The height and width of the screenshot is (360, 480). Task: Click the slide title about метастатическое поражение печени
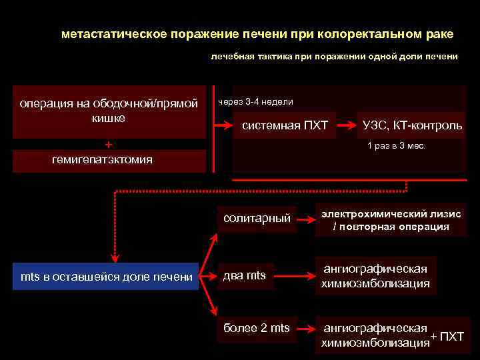point(257,33)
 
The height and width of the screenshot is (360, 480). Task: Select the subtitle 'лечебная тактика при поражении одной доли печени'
point(334,57)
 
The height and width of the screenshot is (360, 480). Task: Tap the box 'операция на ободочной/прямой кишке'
point(109,111)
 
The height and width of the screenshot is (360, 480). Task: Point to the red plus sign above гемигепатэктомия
point(109,144)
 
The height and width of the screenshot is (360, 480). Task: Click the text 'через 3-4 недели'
point(255,102)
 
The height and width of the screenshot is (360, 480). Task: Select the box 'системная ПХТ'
point(285,125)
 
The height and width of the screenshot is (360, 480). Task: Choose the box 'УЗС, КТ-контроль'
point(412,125)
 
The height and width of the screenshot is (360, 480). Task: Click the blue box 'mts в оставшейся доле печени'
point(107,277)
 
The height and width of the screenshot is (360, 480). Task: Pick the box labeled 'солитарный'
point(257,218)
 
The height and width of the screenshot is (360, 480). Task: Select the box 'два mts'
point(245,276)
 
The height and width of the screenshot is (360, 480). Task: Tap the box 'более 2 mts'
point(257,327)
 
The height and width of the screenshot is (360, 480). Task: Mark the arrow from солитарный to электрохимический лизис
point(304,219)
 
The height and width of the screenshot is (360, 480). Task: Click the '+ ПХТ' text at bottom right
point(447,336)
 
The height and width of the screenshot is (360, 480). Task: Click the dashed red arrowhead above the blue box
point(115,256)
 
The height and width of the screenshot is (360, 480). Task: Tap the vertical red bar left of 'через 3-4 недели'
point(214,128)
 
